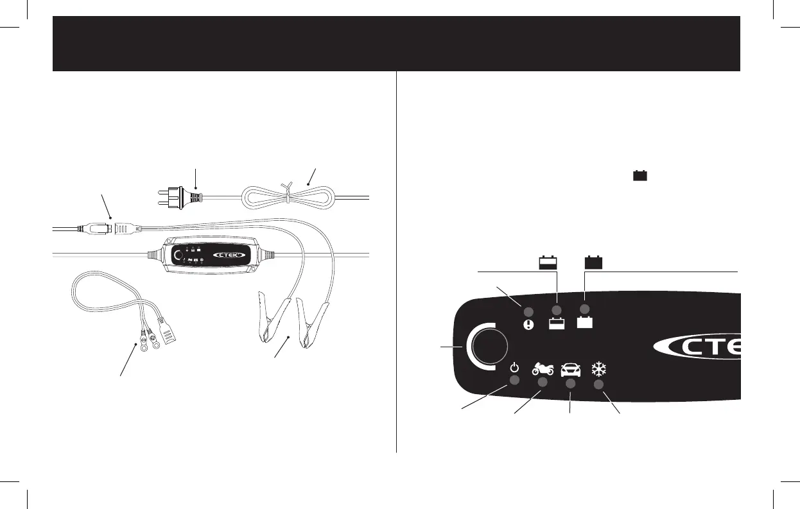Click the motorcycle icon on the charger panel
[543, 369]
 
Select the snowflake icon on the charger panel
[598, 369]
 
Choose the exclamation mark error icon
[528, 324]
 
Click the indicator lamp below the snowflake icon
[598, 384]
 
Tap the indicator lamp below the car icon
[571, 384]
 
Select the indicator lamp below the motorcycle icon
[542, 383]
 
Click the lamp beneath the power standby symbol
[515, 381]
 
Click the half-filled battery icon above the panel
[547, 263]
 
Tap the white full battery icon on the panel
[585, 323]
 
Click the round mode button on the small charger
[177, 255]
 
